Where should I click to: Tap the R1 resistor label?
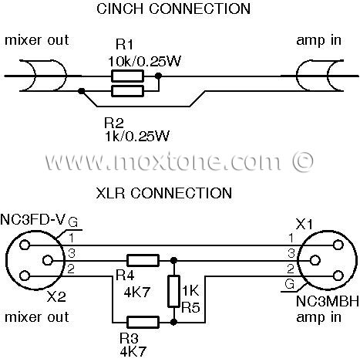point(125,44)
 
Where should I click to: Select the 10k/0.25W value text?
point(144,62)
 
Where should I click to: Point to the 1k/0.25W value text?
point(137,136)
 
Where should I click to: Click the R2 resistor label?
point(114,123)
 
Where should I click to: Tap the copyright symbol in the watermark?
point(303,161)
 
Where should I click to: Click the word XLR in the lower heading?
point(110,193)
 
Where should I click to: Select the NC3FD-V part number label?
point(32,219)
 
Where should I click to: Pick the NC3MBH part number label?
point(328,301)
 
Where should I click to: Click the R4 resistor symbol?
point(143,260)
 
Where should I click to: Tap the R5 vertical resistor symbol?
point(173,291)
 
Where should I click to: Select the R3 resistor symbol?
point(143,322)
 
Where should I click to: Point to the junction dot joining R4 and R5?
point(174,260)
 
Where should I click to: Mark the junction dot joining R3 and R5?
point(174,322)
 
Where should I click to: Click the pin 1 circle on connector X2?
point(25,245)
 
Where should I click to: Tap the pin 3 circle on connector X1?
point(315,260)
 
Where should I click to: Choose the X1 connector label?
point(304,225)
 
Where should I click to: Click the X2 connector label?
point(56,296)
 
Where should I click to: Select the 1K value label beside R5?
point(190,291)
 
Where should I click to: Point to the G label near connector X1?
point(290,284)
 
